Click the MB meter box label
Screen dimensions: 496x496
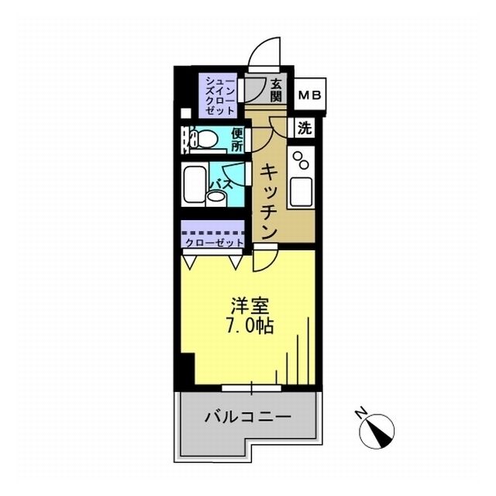310,95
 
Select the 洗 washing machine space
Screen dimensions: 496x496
305,128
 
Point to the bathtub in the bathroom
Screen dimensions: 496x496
195,184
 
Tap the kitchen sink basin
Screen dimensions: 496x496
300,191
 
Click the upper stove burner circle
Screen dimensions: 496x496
298,156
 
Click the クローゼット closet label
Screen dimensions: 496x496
215,243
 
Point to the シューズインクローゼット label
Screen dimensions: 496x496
220,96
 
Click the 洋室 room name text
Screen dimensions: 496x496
250,305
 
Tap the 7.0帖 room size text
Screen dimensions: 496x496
250,325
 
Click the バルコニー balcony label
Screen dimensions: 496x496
248,417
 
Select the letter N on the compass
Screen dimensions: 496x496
360,413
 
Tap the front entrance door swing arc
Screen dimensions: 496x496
257,47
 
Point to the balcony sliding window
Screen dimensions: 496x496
251,388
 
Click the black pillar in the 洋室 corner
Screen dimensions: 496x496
188,369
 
